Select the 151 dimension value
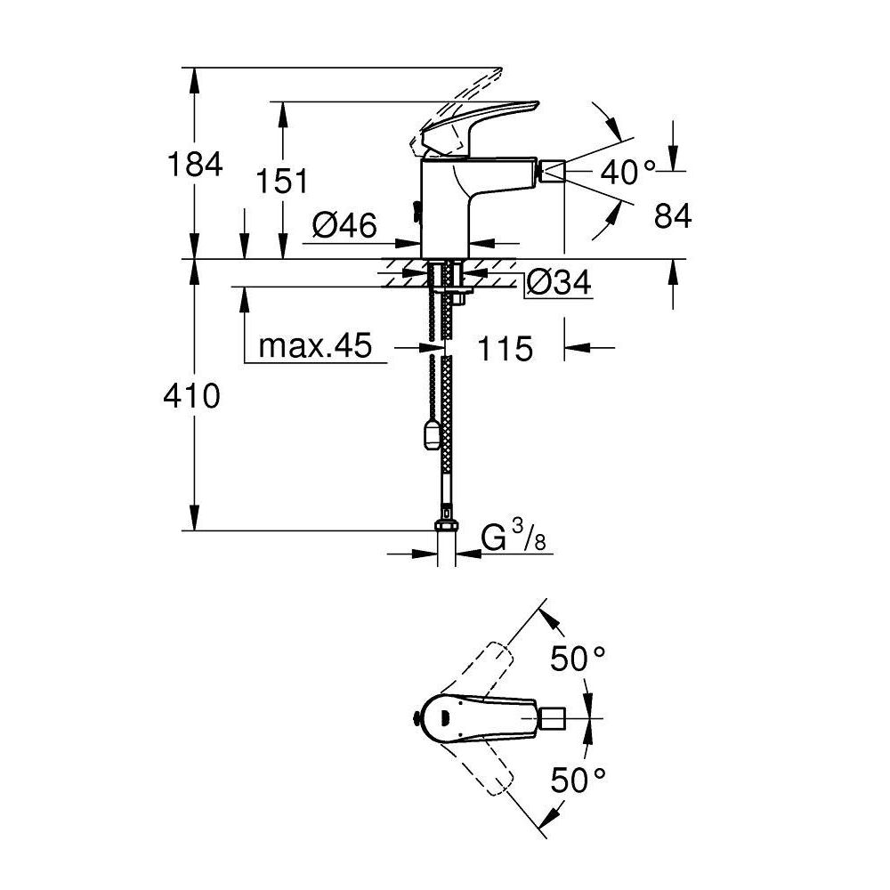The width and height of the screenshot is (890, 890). [281, 181]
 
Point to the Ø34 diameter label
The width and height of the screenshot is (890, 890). [558, 284]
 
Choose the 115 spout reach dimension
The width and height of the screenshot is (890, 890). [505, 348]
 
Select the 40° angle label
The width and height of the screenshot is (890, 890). [627, 172]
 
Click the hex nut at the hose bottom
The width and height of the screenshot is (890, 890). [446, 520]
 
